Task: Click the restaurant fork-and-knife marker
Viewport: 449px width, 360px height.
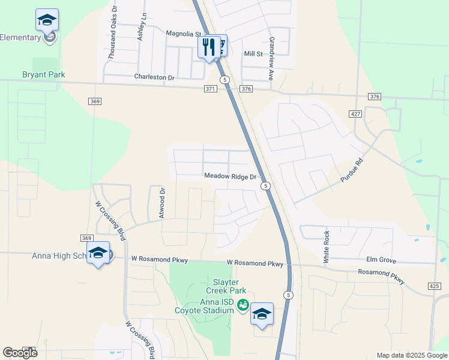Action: [x=209, y=47]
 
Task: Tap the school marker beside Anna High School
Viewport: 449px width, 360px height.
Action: [x=98, y=253]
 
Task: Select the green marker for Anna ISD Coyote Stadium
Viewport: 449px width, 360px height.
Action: [x=243, y=305]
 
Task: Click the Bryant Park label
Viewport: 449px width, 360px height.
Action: [x=43, y=75]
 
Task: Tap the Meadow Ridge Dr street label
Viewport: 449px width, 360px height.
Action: [x=230, y=177]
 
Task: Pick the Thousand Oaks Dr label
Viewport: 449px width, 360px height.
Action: [x=112, y=37]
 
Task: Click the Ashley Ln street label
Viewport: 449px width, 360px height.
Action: [x=142, y=27]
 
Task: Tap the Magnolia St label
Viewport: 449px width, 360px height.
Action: [x=183, y=34]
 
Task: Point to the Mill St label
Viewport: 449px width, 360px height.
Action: [x=253, y=54]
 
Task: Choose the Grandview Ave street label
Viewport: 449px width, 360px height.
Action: [x=271, y=59]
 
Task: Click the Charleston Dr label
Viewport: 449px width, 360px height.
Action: [x=154, y=77]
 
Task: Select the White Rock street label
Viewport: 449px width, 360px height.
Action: [x=327, y=247]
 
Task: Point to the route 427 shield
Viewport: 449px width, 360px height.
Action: [x=355, y=114]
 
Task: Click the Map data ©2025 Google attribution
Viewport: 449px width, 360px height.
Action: [x=412, y=355]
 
